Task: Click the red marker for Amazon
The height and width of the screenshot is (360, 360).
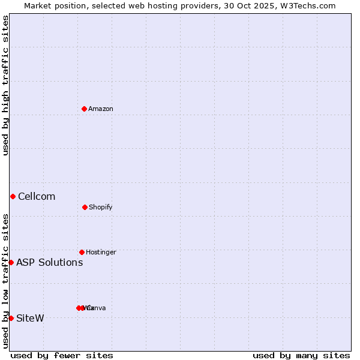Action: click(84, 109)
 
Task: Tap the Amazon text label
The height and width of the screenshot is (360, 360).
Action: click(101, 109)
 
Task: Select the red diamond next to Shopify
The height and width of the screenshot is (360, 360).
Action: click(85, 207)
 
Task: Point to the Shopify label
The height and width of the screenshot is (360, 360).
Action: click(101, 207)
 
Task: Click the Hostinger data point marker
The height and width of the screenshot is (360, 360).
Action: click(82, 252)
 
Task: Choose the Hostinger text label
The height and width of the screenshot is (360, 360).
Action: click(101, 252)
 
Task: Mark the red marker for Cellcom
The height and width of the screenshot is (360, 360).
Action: click(13, 196)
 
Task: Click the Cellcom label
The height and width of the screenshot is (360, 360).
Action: click(37, 196)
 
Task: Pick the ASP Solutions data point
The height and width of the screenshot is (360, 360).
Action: click(11, 262)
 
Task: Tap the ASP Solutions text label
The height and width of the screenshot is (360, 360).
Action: click(50, 262)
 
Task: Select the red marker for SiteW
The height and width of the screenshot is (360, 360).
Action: click(11, 318)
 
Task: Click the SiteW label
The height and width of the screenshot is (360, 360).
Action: click(30, 318)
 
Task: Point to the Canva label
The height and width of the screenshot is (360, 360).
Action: click(97, 308)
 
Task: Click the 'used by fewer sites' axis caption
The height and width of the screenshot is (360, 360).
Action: click(62, 355)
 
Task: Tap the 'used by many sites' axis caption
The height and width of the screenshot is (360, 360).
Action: click(301, 355)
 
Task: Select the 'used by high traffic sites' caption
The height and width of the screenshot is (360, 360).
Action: click(5, 85)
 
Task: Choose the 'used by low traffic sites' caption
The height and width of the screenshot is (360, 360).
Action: click(5, 281)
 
